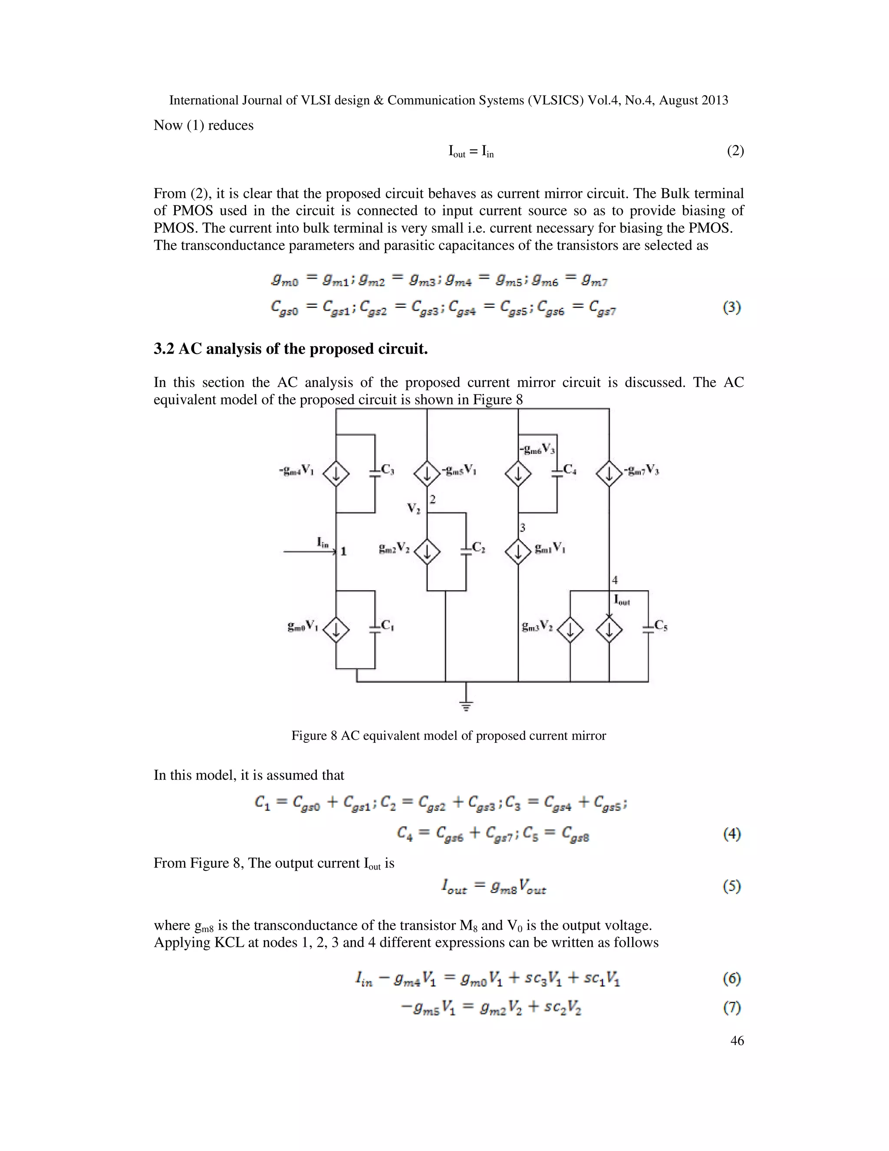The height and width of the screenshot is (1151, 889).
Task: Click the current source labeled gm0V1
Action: [x=336, y=629]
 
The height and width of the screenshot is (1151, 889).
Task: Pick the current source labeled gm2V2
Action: [x=427, y=552]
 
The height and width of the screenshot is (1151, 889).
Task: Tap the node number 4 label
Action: [x=615, y=580]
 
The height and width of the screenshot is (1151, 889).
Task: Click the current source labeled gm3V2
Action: [x=570, y=629]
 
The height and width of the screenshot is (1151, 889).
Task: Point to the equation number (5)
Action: [x=732, y=886]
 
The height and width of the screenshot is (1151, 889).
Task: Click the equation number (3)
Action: [x=732, y=307]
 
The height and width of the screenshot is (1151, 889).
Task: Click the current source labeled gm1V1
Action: [x=518, y=552]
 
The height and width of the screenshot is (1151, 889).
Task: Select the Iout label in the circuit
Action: [x=622, y=600]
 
